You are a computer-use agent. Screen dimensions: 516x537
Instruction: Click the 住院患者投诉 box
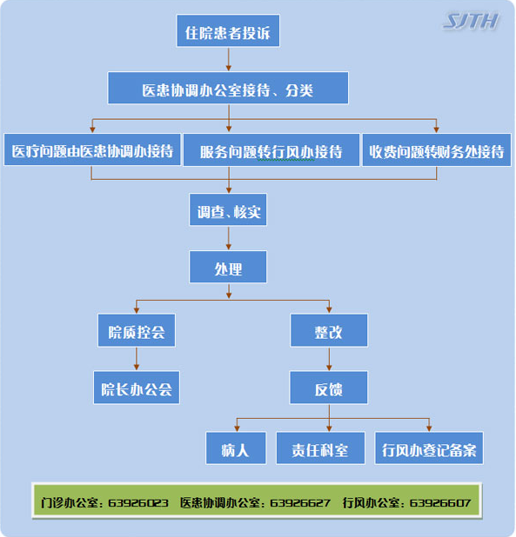point(228,30)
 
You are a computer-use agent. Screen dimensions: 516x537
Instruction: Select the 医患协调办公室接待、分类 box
point(228,88)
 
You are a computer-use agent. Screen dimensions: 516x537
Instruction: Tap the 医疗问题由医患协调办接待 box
point(92,149)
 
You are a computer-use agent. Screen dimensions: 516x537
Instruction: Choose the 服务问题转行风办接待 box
point(271,150)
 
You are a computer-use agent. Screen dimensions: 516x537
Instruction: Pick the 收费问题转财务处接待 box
point(437,150)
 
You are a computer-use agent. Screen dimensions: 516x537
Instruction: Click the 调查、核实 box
point(228,209)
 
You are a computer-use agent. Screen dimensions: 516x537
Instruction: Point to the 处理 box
point(228,267)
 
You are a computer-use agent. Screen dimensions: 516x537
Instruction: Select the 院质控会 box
point(137,330)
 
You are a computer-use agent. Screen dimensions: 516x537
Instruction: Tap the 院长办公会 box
point(137,388)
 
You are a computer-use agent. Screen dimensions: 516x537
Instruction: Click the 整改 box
point(329,330)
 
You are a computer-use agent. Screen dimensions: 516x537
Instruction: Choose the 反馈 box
point(329,388)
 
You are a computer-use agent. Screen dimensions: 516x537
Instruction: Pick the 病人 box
point(236,448)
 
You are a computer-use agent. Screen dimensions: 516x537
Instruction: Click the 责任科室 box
point(320,448)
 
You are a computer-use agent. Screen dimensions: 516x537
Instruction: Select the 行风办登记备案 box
point(429,448)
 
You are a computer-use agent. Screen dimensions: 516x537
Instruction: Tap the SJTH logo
point(471,22)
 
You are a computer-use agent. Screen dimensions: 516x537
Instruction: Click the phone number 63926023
point(138,503)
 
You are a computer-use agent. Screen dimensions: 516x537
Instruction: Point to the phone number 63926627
point(300,503)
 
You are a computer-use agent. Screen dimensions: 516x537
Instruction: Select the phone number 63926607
point(440,503)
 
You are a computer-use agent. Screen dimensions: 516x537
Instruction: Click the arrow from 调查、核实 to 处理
point(229,238)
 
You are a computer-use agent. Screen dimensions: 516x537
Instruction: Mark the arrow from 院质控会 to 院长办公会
point(137,359)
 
